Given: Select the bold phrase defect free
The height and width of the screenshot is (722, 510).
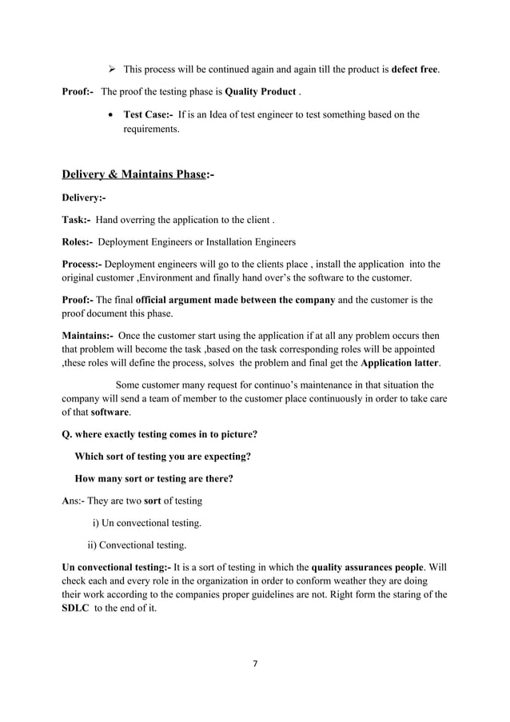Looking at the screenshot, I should [414, 70].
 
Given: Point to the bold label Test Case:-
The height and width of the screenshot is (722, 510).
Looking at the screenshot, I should [149, 114].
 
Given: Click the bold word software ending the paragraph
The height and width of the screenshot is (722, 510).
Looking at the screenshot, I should [110, 413].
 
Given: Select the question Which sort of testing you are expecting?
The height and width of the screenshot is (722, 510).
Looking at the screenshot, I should [163, 457].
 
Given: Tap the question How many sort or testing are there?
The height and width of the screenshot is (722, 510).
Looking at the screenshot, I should [153, 479].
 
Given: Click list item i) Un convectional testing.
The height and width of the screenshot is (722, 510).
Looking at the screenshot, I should [146, 524].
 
